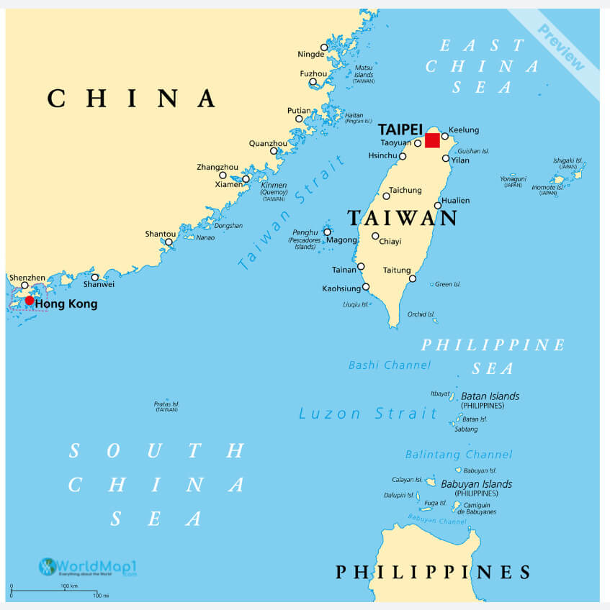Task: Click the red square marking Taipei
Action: point(432,140)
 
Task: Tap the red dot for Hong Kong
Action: point(30,301)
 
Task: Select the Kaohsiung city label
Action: point(341,289)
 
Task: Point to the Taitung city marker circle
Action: point(413,279)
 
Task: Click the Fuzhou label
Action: point(313,73)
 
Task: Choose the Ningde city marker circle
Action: point(324,47)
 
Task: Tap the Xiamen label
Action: point(229,184)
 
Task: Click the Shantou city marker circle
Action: point(169,242)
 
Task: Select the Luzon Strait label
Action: point(368,414)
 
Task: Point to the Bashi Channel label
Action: point(390,365)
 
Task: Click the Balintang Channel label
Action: point(459,455)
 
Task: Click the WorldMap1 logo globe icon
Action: point(48,567)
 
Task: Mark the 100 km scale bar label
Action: point(69,586)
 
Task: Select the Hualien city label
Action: point(455,201)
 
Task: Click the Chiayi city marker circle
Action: point(375,236)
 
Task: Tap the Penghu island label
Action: point(305,232)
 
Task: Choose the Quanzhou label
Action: point(268,143)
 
